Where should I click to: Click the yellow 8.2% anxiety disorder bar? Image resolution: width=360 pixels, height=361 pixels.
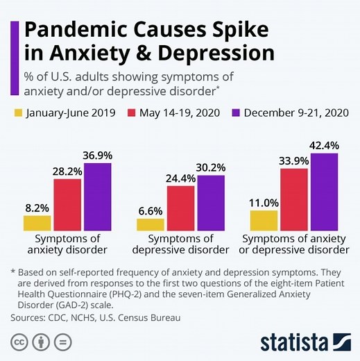pos(37,223)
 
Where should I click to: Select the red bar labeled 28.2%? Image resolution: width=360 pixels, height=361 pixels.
pos(67,203)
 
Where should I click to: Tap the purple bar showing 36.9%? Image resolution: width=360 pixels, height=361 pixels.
pos(97,196)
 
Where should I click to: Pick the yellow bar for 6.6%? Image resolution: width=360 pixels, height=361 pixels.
pos(150,224)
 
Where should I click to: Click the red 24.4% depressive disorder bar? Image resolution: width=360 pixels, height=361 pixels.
pos(180,208)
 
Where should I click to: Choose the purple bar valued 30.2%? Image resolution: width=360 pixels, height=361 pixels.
pos(211,202)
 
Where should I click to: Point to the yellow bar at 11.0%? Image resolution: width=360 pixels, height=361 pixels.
pos(264,220)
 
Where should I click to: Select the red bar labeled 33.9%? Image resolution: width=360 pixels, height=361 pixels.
pos(293,199)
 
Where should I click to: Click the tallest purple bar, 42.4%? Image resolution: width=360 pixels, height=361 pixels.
pos(324,192)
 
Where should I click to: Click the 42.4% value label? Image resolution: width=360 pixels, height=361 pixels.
pos(324,145)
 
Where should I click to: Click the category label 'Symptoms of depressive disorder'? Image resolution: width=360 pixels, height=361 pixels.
pos(180,244)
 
